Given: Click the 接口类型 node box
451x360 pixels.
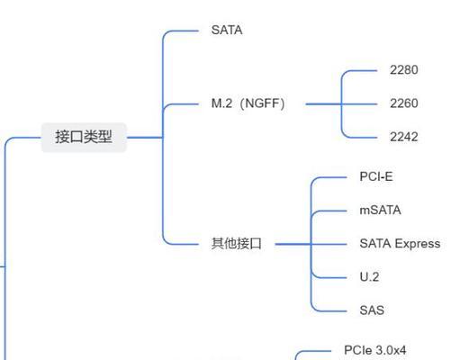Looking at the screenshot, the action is [x=84, y=137].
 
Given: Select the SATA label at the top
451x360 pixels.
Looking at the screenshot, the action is [x=227, y=30].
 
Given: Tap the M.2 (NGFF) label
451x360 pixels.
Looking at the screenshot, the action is [x=248, y=103].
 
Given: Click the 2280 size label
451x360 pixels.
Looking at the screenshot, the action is [x=404, y=70].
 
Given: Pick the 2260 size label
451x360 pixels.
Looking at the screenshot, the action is [x=404, y=103].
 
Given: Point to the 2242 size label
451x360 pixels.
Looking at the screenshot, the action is [x=404, y=137].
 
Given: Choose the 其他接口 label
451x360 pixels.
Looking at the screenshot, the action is [x=237, y=243].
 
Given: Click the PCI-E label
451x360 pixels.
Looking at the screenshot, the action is [x=376, y=176].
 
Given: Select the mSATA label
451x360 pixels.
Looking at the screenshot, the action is [x=380, y=210].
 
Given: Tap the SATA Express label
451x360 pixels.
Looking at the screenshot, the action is [x=400, y=244].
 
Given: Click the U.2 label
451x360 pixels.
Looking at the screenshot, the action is [x=369, y=276].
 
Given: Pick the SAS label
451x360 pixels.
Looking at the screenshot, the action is [x=372, y=310].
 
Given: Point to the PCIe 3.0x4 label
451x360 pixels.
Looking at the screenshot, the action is [x=375, y=350].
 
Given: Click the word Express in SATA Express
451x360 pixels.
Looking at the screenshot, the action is [x=418, y=244].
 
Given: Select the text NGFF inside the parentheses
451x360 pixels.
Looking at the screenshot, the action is [x=263, y=103].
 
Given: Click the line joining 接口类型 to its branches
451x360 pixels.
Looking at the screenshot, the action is [x=145, y=138].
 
